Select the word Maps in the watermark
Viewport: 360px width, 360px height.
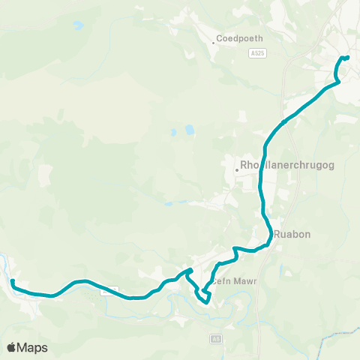pos(33,348)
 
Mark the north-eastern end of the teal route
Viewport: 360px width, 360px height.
pos(347,57)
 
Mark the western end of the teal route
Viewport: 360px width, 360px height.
pos(13,281)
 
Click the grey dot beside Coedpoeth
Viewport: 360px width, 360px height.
pos(213,43)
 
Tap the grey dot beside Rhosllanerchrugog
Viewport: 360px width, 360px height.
pos(236,169)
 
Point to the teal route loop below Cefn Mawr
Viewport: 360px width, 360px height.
pos(203,297)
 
